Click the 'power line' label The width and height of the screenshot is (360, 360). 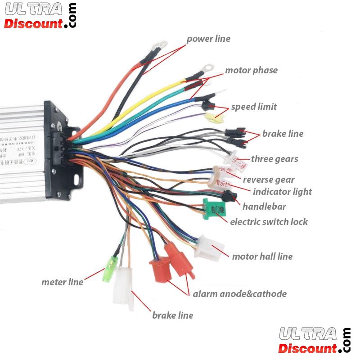click(x=208, y=39)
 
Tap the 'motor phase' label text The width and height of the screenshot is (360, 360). click(x=251, y=70)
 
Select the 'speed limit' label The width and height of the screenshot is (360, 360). click(x=254, y=107)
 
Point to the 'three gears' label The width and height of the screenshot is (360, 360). click(x=274, y=158)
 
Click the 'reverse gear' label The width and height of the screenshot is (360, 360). click(x=269, y=180)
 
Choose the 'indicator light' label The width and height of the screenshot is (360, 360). click(x=282, y=191)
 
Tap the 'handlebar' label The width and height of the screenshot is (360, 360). click(x=264, y=207)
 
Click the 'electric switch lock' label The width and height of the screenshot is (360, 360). click(x=269, y=221)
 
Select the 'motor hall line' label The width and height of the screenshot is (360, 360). click(x=262, y=256)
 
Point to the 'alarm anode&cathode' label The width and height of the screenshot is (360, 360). click(x=239, y=294)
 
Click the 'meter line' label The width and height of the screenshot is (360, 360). click(x=62, y=282)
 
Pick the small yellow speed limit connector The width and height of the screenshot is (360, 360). click(x=211, y=118)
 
